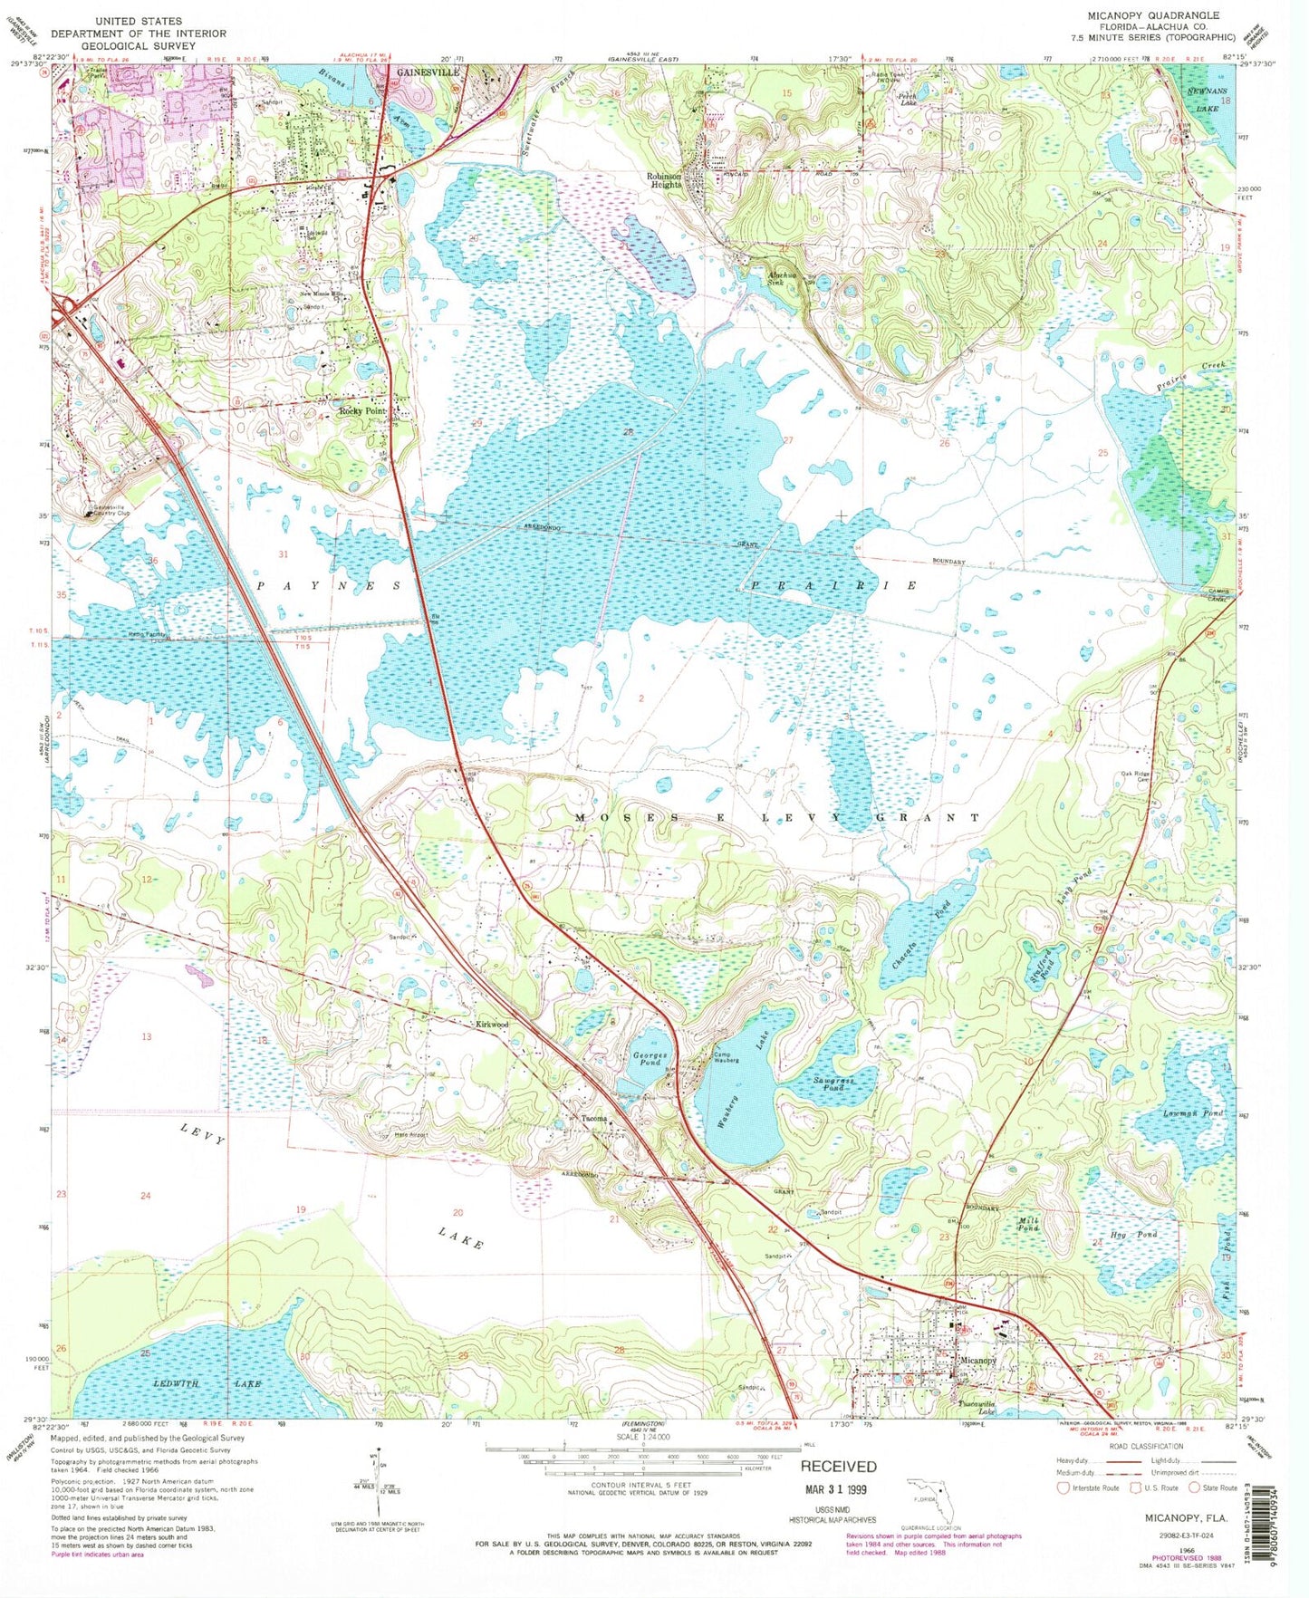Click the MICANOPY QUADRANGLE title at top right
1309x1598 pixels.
(1161, 15)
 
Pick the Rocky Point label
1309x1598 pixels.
(361, 411)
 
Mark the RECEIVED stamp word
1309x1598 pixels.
(838, 1466)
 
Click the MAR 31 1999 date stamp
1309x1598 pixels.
(839, 1490)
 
